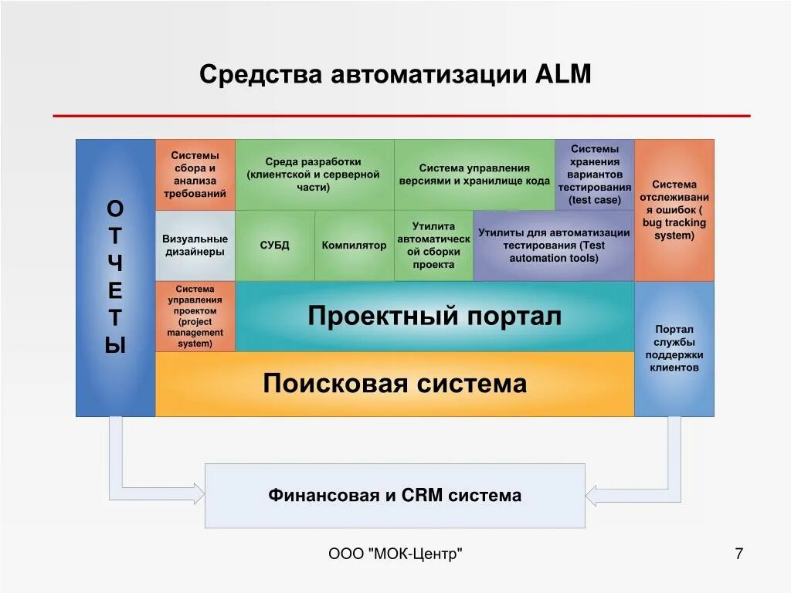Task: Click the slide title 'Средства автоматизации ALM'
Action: (x=395, y=75)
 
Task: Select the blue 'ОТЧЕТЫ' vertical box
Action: (x=115, y=278)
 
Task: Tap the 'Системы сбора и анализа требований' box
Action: (x=195, y=175)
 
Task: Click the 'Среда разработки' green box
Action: (x=314, y=175)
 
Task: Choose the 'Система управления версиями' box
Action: (x=474, y=175)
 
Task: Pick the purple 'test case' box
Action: (x=594, y=175)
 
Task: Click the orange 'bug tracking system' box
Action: (x=674, y=210)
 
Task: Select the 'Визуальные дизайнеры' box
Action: (x=195, y=246)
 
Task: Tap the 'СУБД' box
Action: (x=274, y=246)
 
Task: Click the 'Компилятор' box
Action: (x=354, y=246)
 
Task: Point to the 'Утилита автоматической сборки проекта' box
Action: (x=433, y=246)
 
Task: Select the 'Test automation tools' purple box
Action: (x=553, y=246)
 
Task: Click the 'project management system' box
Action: (x=195, y=317)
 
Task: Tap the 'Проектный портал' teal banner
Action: (x=434, y=317)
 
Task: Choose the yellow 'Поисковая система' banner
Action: (x=395, y=384)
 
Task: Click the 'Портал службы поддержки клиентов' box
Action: (x=674, y=349)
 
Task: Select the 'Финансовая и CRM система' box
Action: (x=395, y=496)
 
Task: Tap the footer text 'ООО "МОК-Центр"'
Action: (x=395, y=554)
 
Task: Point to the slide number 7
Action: (x=738, y=554)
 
